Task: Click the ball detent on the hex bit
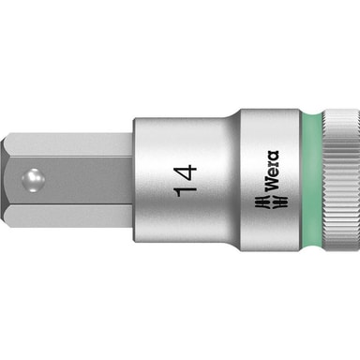(33, 180)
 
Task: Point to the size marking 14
(186, 180)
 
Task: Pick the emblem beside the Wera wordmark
(270, 202)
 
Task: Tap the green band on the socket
(311, 180)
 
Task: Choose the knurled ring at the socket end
(340, 180)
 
